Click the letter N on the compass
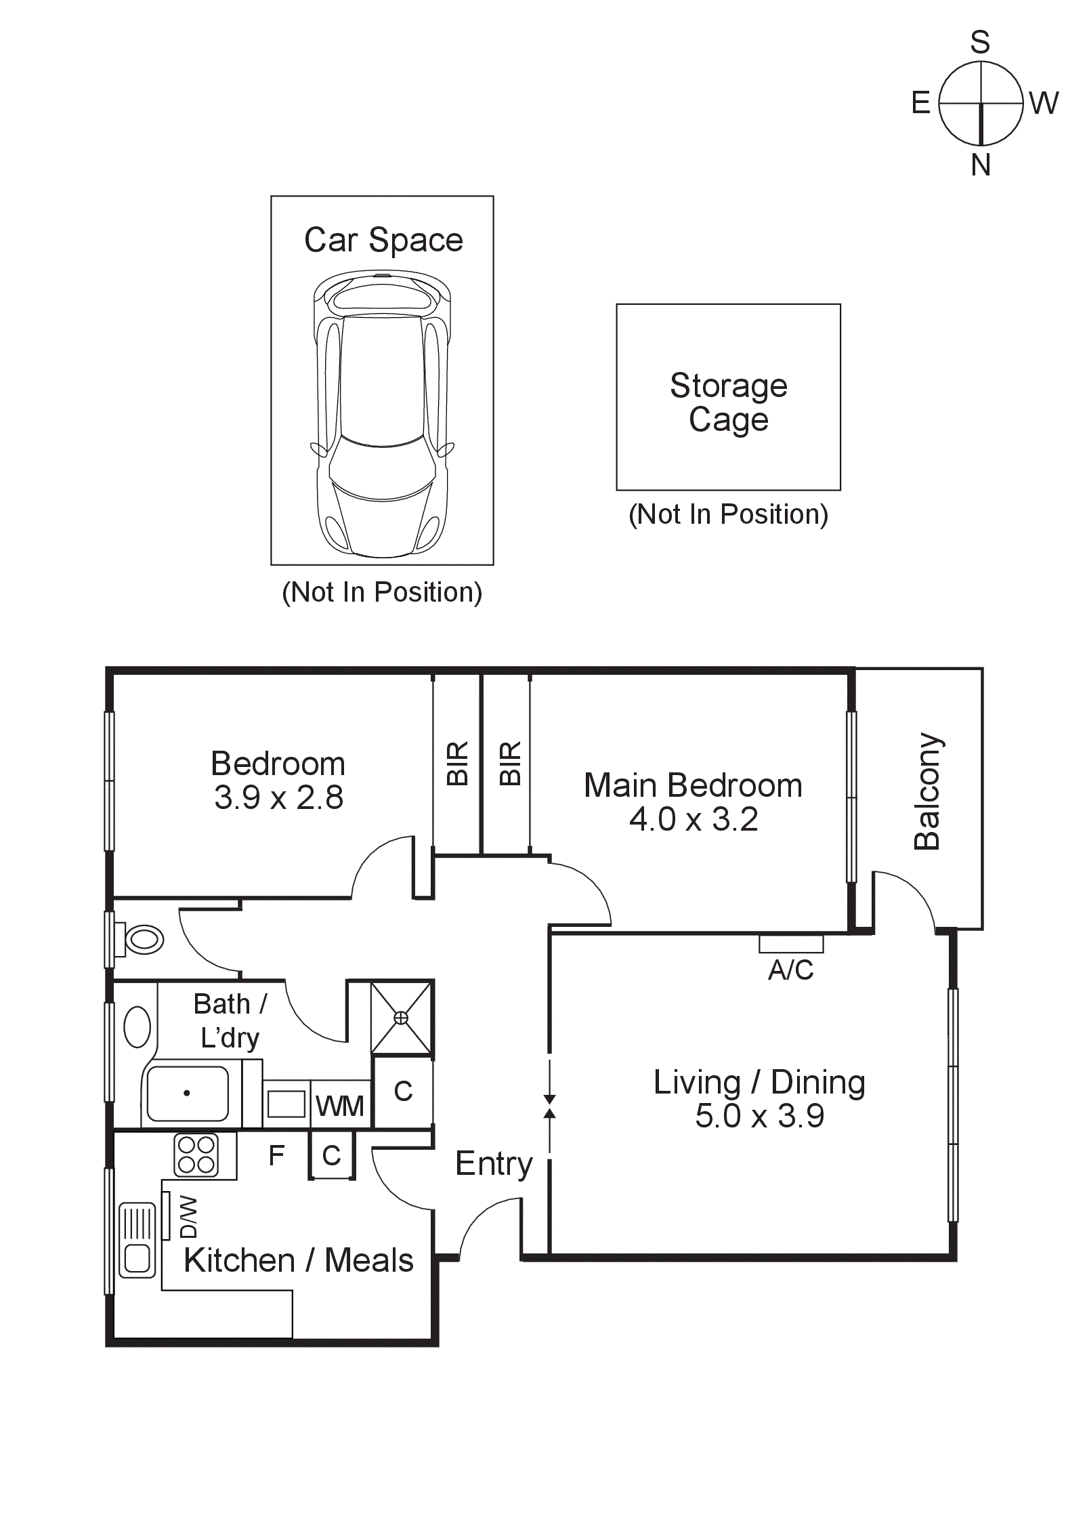pyautogui.click(x=980, y=165)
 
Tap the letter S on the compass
pyautogui.click(x=980, y=42)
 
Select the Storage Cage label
pyautogui.click(x=729, y=402)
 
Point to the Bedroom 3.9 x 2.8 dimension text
pyautogui.click(x=279, y=797)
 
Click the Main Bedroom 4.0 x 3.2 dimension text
pyautogui.click(x=694, y=819)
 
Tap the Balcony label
pyautogui.click(x=928, y=791)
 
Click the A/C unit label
pyautogui.click(x=790, y=970)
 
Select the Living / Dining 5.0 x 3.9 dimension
pyautogui.click(x=760, y=1115)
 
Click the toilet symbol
pyautogui.click(x=140, y=940)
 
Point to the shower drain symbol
pyautogui.click(x=401, y=1018)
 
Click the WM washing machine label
pyautogui.click(x=340, y=1106)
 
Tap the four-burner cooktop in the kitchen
pyautogui.click(x=196, y=1155)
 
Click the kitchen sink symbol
pyautogui.click(x=137, y=1240)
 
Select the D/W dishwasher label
pyautogui.click(x=189, y=1217)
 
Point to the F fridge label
pyautogui.click(x=276, y=1156)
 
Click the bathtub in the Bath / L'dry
pyautogui.click(x=187, y=1094)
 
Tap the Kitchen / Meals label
pyautogui.click(x=299, y=1260)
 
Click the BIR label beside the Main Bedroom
pyautogui.click(x=510, y=764)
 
